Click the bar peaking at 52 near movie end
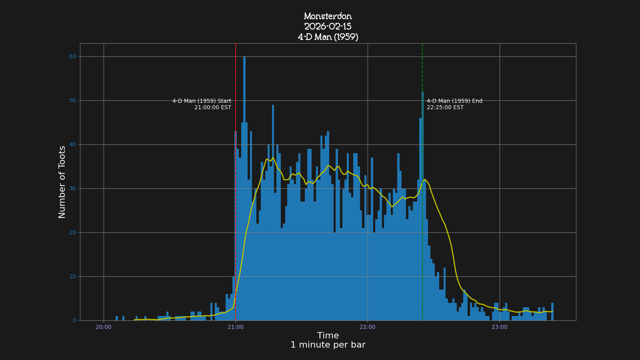click(422, 200)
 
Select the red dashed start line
click(236, 72)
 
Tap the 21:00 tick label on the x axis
click(236, 327)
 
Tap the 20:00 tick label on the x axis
click(104, 327)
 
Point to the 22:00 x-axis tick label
click(368, 327)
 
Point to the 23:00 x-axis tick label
click(499, 327)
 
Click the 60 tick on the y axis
click(72, 57)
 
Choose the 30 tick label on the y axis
click(72, 189)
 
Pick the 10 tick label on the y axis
click(72, 277)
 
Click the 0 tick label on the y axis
click(74, 321)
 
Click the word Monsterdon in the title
click(328, 16)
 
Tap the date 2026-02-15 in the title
click(328, 27)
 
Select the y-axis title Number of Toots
click(62, 182)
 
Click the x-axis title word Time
click(328, 336)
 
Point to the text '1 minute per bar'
click(328, 345)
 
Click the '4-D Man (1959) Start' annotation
click(202, 101)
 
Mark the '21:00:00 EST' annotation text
click(213, 108)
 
